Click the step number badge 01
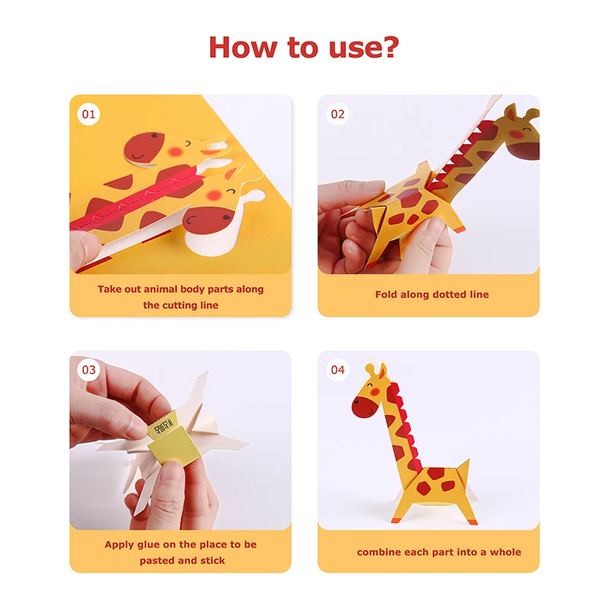[90, 115]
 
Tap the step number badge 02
[337, 115]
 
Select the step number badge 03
[90, 370]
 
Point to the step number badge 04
[337, 370]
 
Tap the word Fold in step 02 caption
[387, 295]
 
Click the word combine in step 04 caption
[379, 552]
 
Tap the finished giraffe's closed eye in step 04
[371, 387]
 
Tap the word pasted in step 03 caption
[157, 560]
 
